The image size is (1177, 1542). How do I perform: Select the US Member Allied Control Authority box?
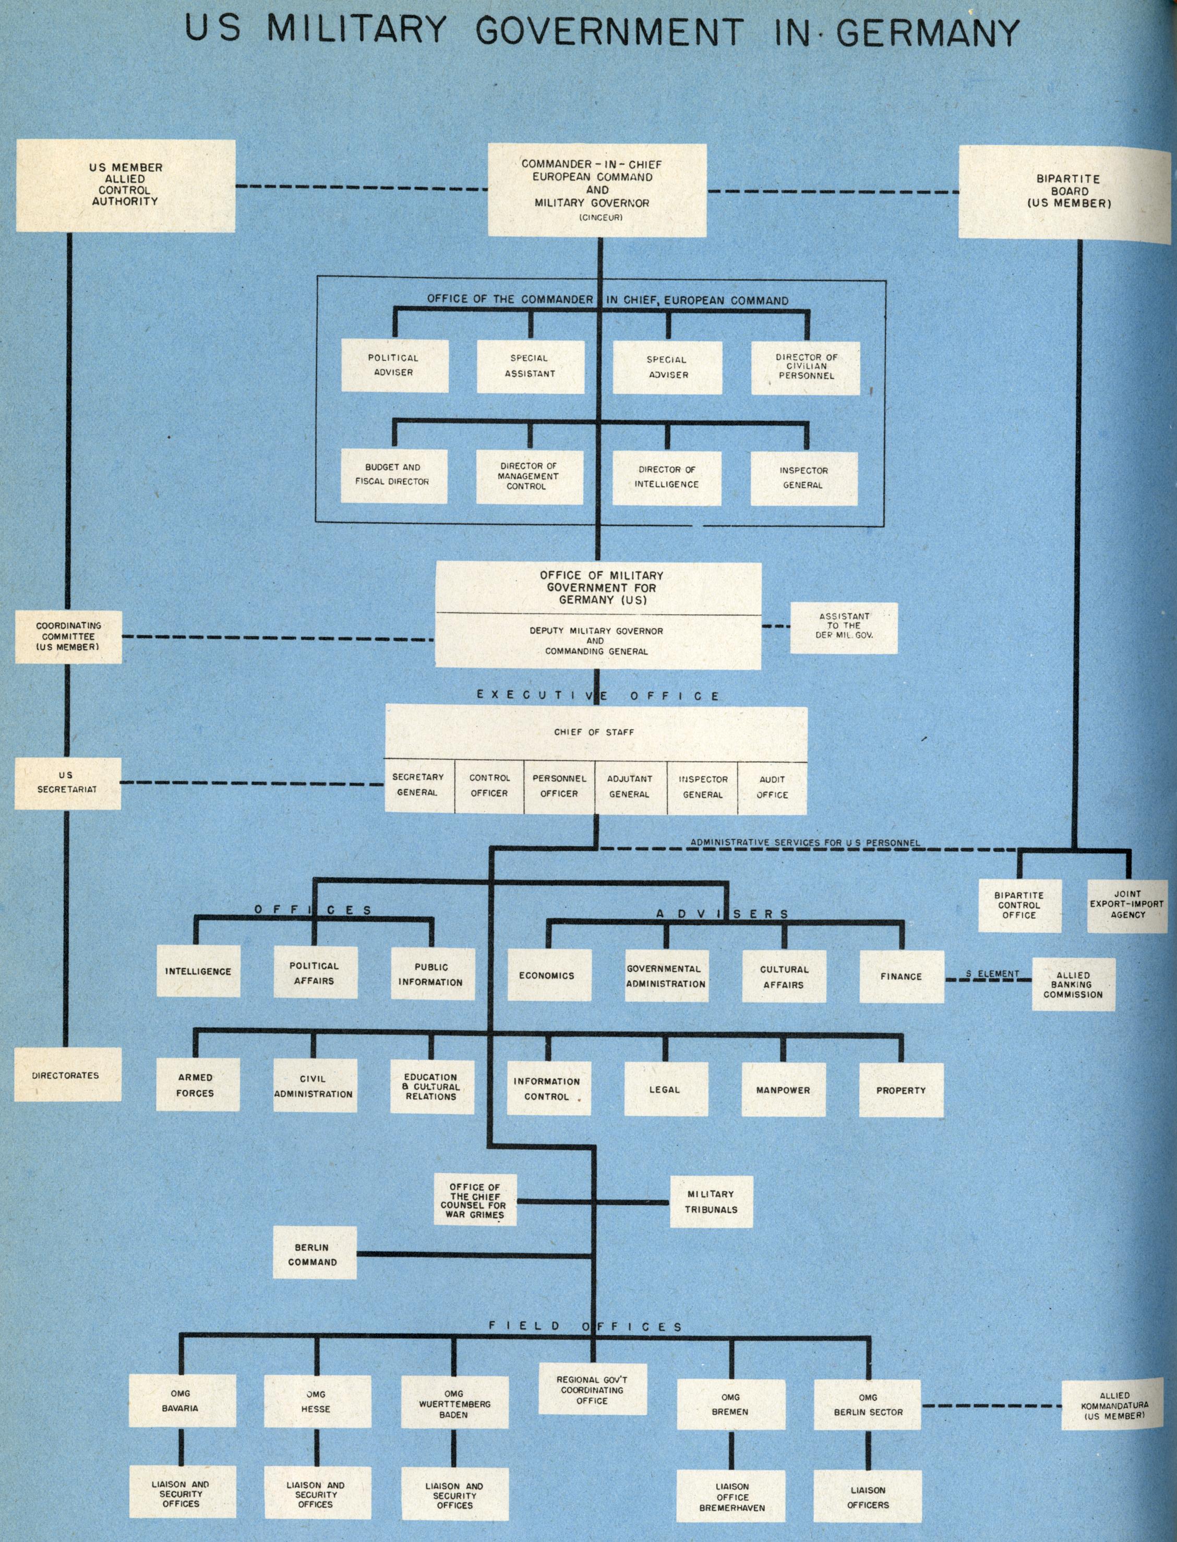pyautogui.click(x=125, y=185)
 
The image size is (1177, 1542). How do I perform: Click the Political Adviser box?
pyautogui.click(x=394, y=365)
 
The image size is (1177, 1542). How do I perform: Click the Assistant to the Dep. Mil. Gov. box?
pyautogui.click(x=844, y=625)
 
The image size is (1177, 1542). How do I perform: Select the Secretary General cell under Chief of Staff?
pyautogui.click(x=418, y=786)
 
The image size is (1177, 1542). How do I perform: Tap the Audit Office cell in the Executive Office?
pyautogui.click(x=772, y=787)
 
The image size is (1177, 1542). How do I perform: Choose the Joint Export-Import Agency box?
pyautogui.click(x=1126, y=904)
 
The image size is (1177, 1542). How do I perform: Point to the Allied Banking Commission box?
pyautogui.click(x=1073, y=984)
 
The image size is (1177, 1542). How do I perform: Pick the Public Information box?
pyautogui.click(x=430, y=974)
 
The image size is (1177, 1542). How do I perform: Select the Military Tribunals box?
pyautogui.click(x=711, y=1201)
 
